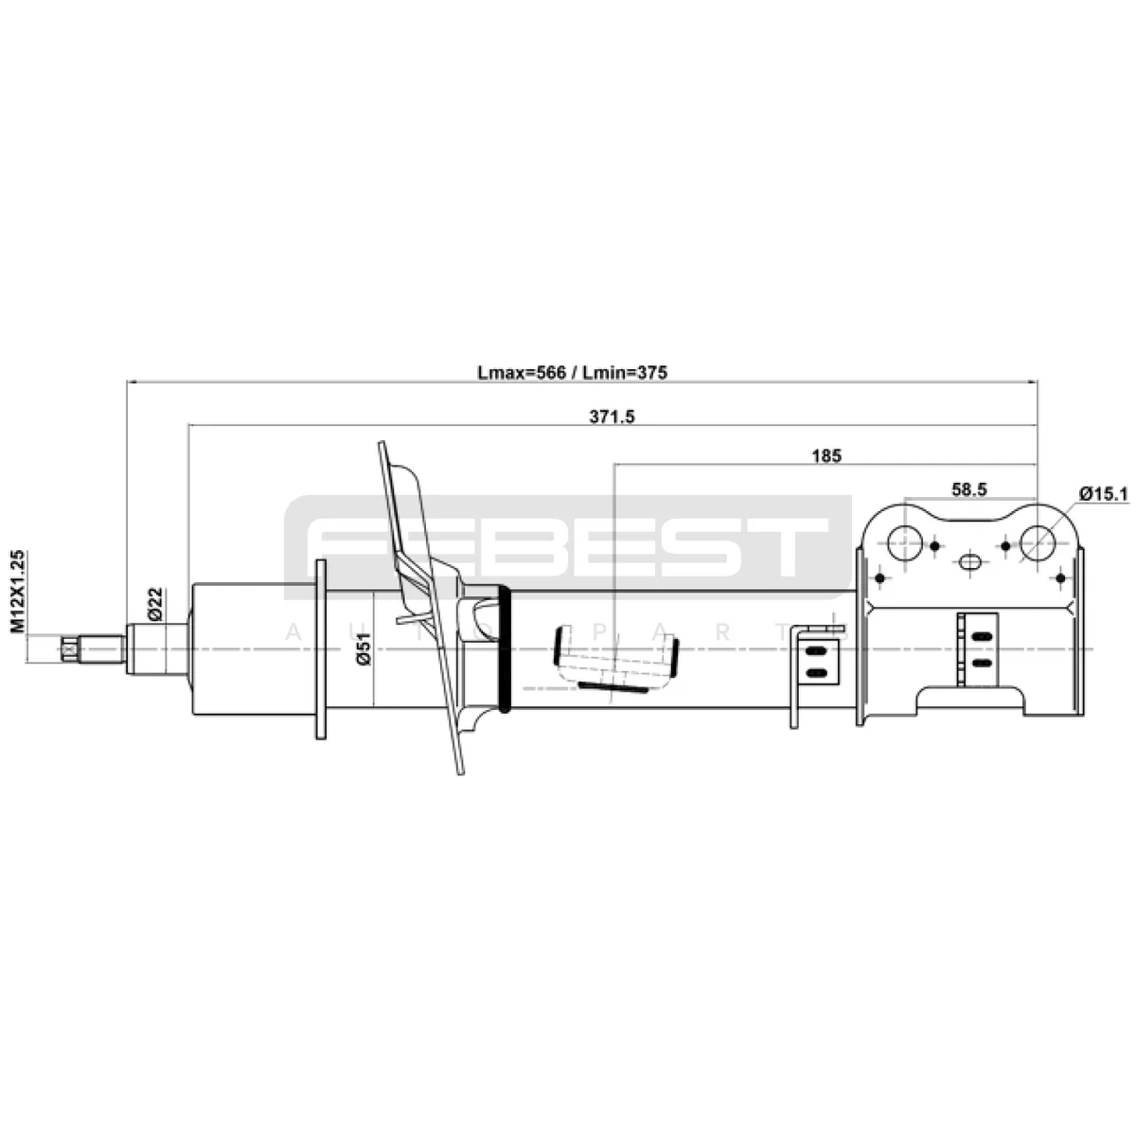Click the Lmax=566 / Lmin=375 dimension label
tap(573, 372)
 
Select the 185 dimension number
tap(825, 455)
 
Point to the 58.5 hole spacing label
tap(969, 488)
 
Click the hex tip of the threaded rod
tap(68, 649)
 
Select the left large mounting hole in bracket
tap(904, 542)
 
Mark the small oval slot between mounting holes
tap(970, 562)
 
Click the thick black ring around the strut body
tap(504, 648)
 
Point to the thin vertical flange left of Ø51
tap(320, 648)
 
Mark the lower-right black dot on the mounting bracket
tap(1060, 577)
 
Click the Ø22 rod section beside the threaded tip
tap(151, 649)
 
